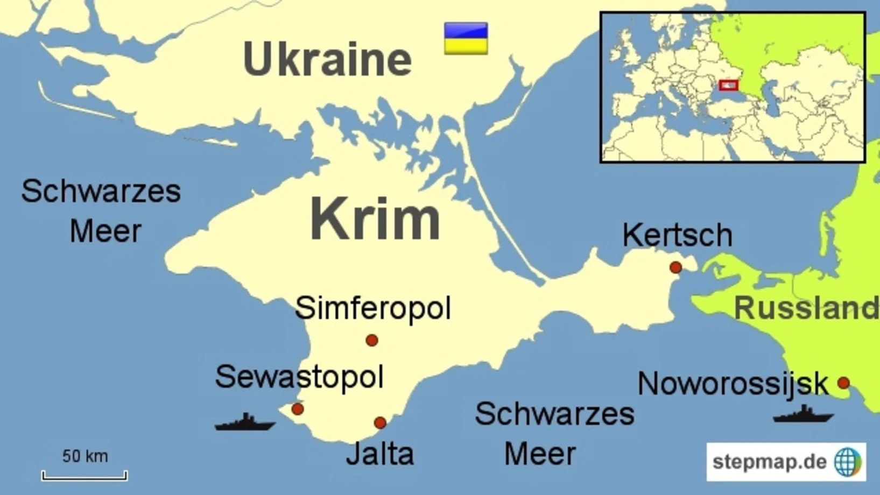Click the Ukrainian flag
(x=466, y=38)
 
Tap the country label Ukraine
(x=327, y=59)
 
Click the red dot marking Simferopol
(x=371, y=340)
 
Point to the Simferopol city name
(x=372, y=308)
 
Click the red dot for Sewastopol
(x=297, y=409)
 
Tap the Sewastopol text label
(x=299, y=377)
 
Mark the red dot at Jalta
(x=380, y=423)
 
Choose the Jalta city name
(x=380, y=454)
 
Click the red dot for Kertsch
(x=675, y=267)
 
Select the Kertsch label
(x=677, y=235)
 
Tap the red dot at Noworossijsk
(x=843, y=383)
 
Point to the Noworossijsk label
(x=733, y=384)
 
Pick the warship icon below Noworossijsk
(x=804, y=414)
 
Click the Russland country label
(x=806, y=308)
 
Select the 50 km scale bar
(x=85, y=475)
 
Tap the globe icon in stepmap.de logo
(x=848, y=462)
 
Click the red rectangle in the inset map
(x=728, y=85)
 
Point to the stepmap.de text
(x=769, y=462)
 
